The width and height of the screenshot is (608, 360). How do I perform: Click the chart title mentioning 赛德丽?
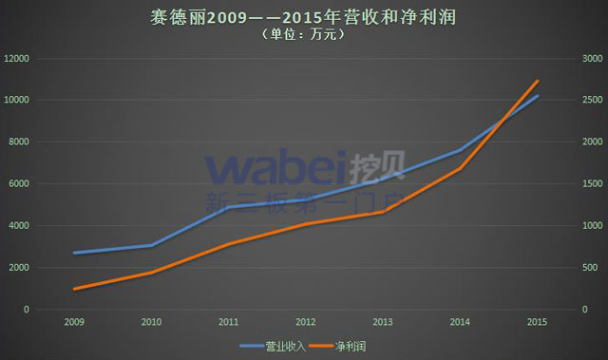303,16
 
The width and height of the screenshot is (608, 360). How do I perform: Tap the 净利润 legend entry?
351,347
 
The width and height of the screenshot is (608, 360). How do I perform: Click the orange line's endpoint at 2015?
537,81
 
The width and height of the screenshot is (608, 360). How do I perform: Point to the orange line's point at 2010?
150,273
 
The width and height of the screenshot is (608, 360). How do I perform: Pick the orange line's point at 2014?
460,168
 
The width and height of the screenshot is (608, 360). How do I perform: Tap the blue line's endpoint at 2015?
537,96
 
